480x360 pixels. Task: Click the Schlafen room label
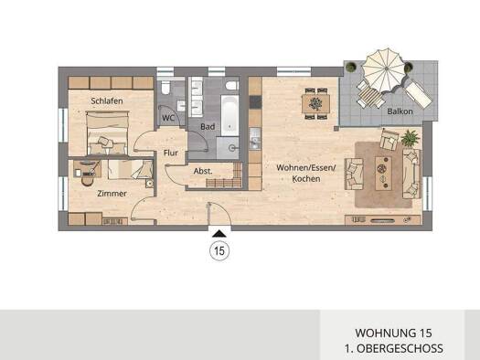(x=106, y=101)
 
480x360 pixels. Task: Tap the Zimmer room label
(x=114, y=193)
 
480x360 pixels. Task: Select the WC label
(x=168, y=118)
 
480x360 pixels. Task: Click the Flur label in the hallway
(x=170, y=153)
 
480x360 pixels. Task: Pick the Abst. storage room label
(x=203, y=171)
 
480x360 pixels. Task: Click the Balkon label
(x=400, y=111)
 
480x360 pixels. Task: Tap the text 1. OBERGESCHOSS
(x=399, y=349)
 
